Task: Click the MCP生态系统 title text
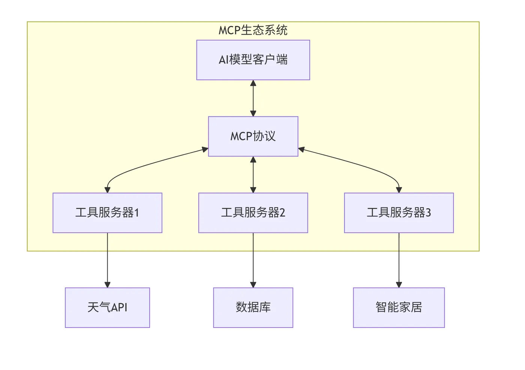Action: tap(253, 30)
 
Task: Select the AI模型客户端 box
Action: tap(253, 60)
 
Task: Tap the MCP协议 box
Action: tap(253, 136)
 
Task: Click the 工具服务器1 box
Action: tap(107, 213)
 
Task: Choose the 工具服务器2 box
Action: tap(253, 213)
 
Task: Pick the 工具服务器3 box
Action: tap(399, 213)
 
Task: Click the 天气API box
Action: tap(107, 308)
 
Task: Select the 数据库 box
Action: tap(253, 308)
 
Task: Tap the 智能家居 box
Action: tap(399, 308)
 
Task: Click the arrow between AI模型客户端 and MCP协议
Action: tap(253, 98)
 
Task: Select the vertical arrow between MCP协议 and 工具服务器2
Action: tap(253, 175)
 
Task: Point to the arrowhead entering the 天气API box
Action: tap(107, 285)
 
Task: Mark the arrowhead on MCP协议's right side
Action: tap(301, 150)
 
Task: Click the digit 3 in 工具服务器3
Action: tap(428, 213)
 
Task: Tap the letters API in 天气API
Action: tap(120, 308)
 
